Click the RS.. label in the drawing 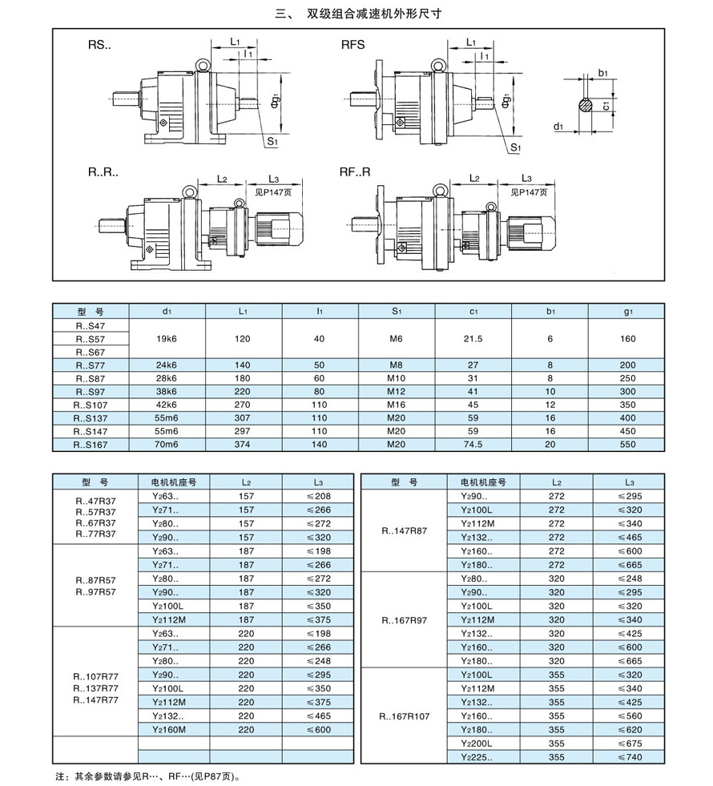coord(100,46)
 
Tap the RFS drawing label coord(352,45)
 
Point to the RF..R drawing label coord(354,171)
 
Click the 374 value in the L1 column coord(243,444)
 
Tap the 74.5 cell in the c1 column coord(473,444)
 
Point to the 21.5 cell coord(473,339)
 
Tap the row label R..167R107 coord(405,716)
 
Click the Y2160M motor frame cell coord(168,729)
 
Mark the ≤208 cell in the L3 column coord(317,497)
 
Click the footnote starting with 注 coord(147,776)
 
